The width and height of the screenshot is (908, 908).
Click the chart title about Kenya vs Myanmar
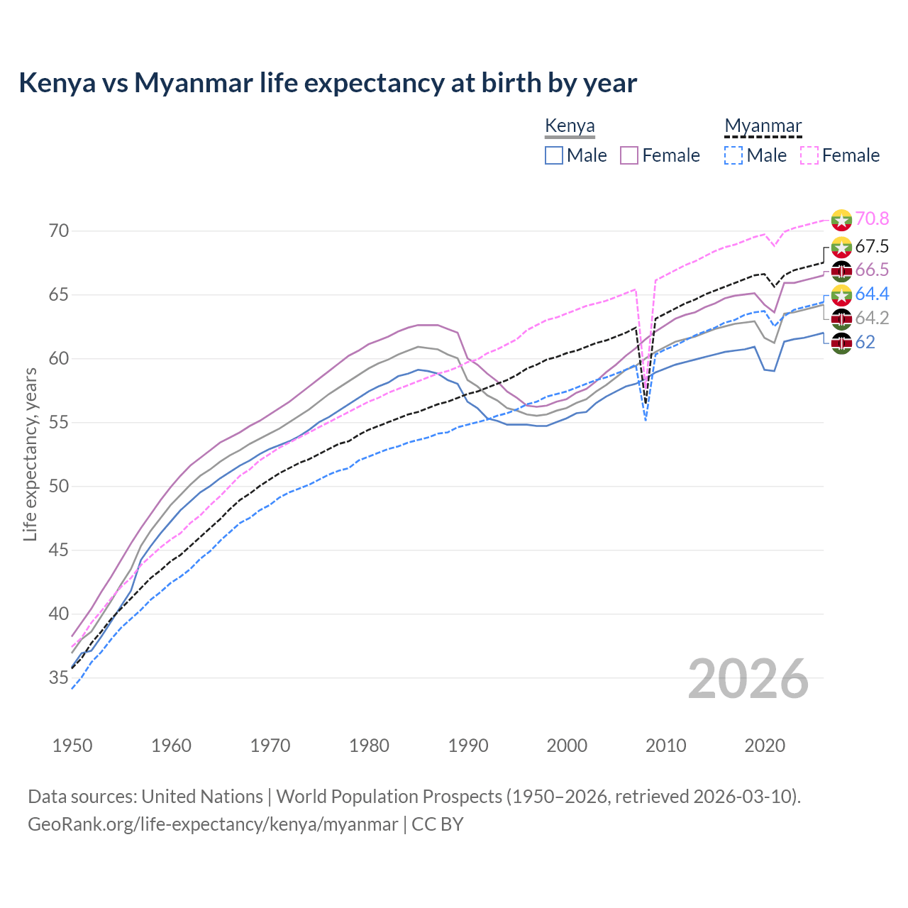point(328,83)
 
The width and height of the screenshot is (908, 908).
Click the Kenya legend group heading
point(570,126)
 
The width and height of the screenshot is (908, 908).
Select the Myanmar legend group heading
point(763,126)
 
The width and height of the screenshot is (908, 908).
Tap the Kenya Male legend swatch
point(554,155)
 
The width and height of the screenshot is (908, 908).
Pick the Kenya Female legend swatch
point(629,155)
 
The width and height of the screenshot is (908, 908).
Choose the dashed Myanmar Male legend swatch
point(733,155)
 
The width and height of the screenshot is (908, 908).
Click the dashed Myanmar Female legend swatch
point(809,155)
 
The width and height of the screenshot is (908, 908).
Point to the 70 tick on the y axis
point(59,231)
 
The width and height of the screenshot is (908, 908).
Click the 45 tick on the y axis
point(59,550)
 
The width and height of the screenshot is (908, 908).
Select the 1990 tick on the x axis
point(468,746)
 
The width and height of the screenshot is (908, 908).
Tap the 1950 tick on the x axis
point(72,746)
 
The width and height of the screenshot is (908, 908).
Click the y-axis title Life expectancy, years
point(30,454)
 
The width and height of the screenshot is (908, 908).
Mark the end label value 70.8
point(872,219)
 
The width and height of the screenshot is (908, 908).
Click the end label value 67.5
point(872,246)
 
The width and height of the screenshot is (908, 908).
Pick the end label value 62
point(865,343)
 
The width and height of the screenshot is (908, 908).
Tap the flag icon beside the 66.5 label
point(841,271)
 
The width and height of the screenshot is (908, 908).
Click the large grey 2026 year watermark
point(748,680)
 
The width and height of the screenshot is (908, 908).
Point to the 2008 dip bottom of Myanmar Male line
point(646,420)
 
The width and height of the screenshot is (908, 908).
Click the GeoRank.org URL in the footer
point(213,824)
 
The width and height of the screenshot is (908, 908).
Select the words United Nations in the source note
point(202,797)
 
